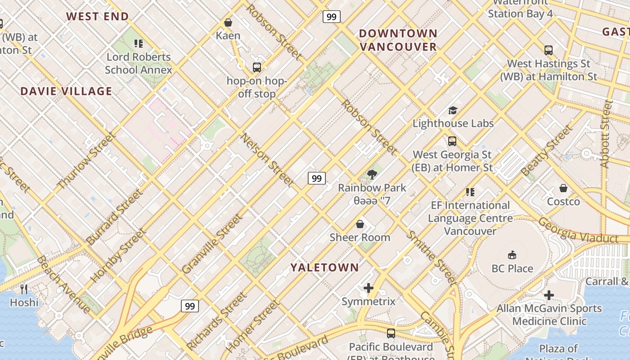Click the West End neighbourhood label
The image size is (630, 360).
98,17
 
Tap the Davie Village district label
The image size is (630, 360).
66,91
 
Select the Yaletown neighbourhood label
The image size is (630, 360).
324,268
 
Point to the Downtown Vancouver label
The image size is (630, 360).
398,40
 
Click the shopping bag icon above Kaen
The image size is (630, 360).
228,22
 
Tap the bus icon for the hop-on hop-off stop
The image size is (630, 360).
256,67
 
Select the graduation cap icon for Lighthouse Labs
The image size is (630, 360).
453,110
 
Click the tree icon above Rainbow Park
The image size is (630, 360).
372,175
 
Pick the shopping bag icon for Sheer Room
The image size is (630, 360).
360,224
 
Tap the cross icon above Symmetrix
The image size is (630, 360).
369,288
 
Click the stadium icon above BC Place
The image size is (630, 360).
512,255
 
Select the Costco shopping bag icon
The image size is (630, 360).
563,188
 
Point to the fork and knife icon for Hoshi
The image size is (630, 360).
24,289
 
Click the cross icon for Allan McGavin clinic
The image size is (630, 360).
549,295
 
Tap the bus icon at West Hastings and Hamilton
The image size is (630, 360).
548,50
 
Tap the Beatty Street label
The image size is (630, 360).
547,150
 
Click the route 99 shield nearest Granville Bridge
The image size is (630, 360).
190,306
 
